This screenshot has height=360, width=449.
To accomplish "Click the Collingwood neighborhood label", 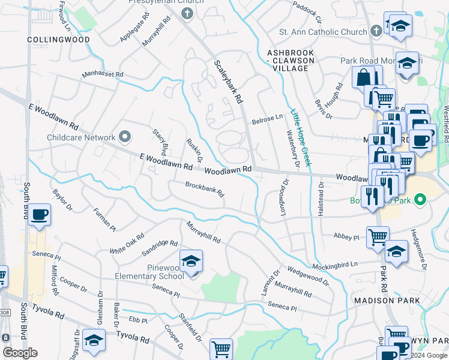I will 58,40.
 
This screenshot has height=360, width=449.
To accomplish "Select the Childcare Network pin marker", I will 125,137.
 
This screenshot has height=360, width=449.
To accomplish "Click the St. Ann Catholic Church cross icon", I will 376,31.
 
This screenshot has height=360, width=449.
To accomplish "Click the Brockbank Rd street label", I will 204,190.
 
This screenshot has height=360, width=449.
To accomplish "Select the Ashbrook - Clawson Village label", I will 291,61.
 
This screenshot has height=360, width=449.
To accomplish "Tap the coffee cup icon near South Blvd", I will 40,215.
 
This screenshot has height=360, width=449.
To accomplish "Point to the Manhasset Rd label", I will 103,75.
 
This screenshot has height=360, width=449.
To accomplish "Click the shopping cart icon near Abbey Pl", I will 378,237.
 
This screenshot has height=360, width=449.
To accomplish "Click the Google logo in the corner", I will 20,353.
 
